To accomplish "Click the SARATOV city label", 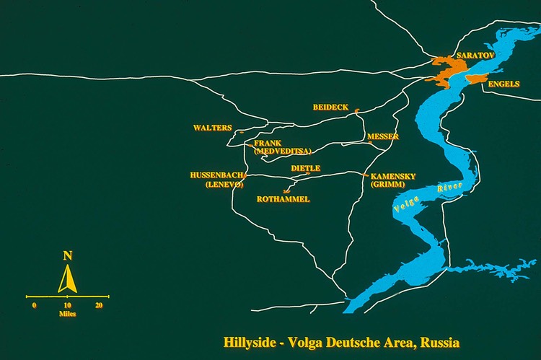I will point(472,56).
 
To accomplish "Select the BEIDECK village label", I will point(330,107).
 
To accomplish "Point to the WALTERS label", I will point(212,128).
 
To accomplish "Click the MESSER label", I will point(382,136).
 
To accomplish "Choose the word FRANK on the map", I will point(267,144).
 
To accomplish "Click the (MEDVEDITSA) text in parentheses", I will point(282,152).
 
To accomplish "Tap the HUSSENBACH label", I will point(216,175).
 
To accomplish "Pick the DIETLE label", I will point(305,168).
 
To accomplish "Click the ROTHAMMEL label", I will point(283,199).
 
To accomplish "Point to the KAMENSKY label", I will point(393,176).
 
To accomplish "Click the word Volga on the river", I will point(405,203).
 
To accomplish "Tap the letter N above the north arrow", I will point(68,255).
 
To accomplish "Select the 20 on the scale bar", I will point(99,305).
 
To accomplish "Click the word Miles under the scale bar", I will point(68,314).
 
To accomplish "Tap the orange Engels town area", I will point(480,78).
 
